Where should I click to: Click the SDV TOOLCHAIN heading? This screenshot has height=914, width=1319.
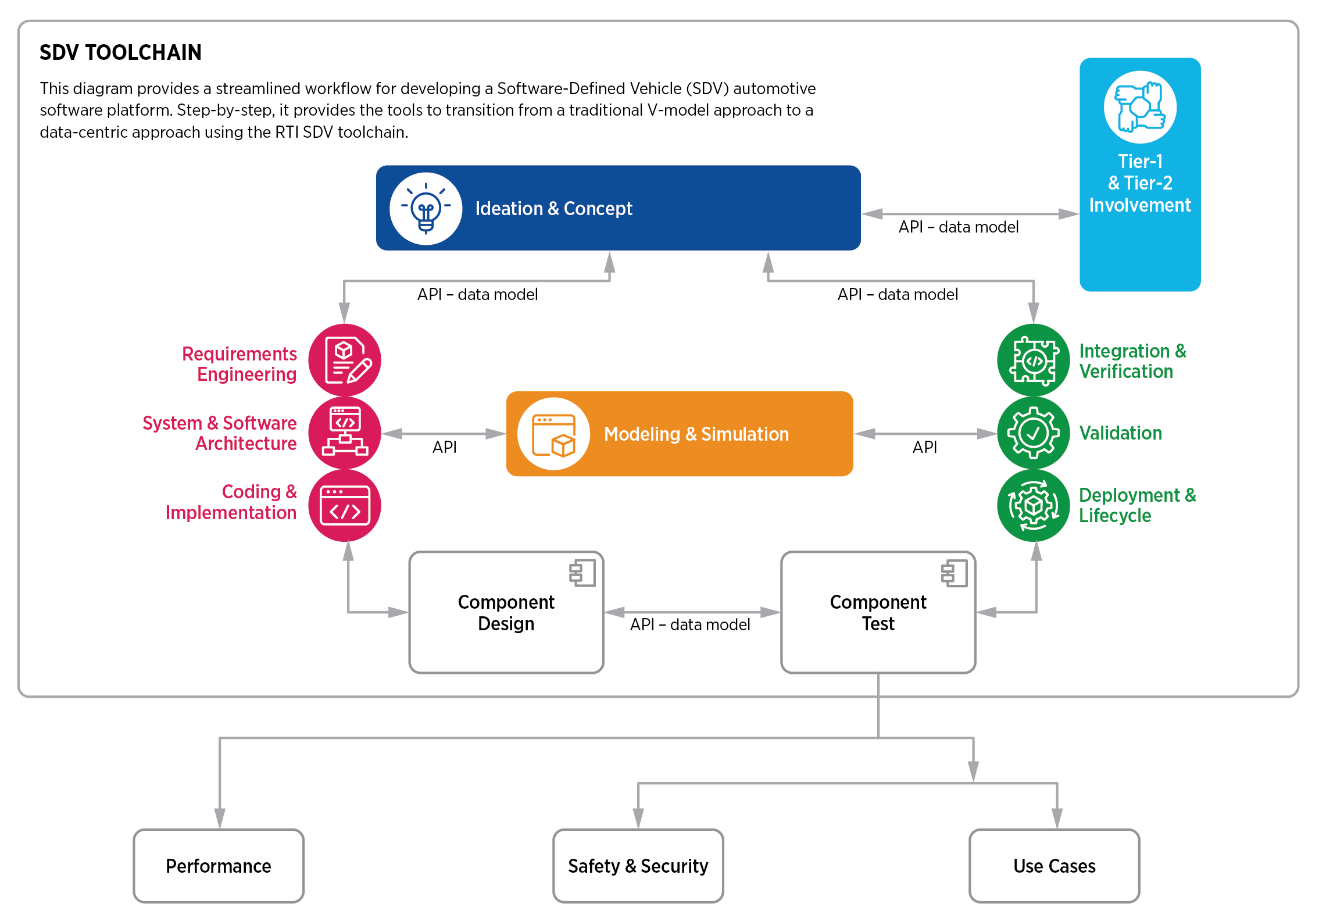pos(120,52)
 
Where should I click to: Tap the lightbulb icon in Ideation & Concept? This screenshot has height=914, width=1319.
pos(426,208)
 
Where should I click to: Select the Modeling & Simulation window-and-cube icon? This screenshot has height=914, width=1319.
pos(553,434)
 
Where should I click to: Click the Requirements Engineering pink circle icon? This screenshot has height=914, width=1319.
pos(344,360)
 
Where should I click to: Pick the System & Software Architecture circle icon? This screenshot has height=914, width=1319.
pos(344,433)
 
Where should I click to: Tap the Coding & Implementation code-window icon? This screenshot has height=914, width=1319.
pos(344,505)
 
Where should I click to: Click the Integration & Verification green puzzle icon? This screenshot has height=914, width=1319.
pos(1033,360)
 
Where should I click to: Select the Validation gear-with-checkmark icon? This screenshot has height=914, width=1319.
pos(1033,433)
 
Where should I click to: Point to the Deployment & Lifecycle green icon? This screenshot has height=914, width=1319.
pos(1033,505)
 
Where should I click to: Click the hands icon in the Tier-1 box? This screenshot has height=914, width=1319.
pos(1139,107)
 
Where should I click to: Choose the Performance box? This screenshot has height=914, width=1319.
pos(219,866)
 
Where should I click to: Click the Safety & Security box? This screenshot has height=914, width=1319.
pos(638,866)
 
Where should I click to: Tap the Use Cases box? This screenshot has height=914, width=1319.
pos(1054,866)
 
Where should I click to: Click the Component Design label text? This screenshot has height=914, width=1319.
pos(506,612)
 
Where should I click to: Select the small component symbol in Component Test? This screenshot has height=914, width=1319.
pos(954,573)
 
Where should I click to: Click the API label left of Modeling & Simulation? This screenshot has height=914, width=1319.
pos(444,447)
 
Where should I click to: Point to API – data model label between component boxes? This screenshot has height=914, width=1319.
pos(690,624)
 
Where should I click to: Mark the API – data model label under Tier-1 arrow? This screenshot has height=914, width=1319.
pos(958,227)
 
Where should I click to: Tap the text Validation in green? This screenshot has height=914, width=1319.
pos(1120,433)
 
